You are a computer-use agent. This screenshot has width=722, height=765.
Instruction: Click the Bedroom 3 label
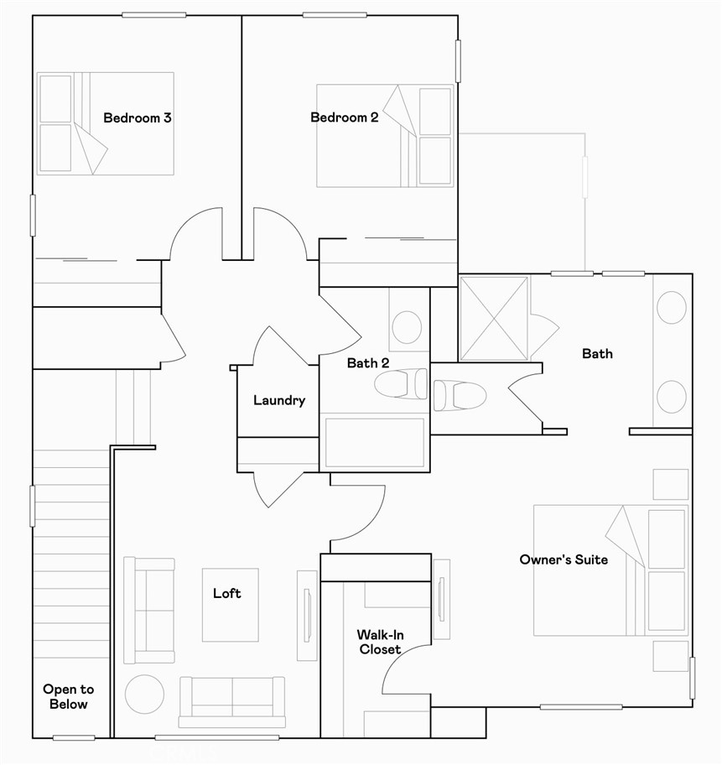click(138, 118)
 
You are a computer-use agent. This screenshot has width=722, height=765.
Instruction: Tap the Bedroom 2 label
click(344, 118)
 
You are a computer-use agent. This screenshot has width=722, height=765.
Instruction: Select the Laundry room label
click(279, 401)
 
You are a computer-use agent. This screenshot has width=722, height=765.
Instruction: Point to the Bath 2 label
click(368, 364)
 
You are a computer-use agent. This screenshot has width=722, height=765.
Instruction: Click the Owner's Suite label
click(564, 559)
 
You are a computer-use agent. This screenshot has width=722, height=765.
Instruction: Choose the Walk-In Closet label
click(380, 642)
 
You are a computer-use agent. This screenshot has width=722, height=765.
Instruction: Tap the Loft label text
click(226, 594)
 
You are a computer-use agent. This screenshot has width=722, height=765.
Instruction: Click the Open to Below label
click(69, 696)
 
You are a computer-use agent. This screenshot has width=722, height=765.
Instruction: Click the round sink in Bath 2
click(407, 327)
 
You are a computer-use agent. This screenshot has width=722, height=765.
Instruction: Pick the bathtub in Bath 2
click(375, 442)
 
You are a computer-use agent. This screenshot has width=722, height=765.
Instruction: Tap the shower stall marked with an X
click(495, 319)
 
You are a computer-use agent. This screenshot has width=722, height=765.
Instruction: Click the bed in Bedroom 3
click(106, 123)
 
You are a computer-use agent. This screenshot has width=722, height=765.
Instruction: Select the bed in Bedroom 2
click(385, 135)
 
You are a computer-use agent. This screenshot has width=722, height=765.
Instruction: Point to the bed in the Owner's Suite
click(610, 570)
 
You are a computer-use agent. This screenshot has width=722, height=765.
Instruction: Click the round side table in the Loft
click(144, 695)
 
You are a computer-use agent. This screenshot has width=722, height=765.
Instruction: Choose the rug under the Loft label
click(230, 606)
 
